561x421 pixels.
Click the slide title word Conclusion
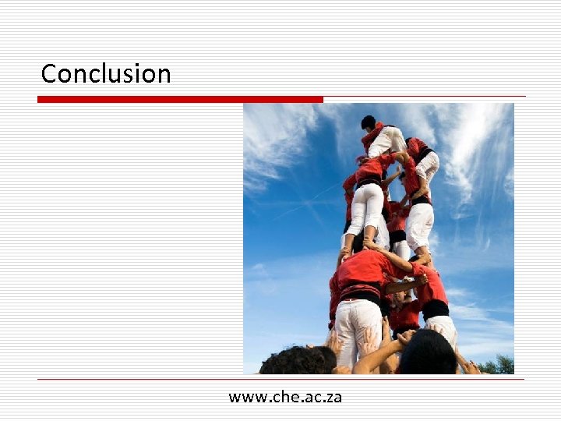(106, 73)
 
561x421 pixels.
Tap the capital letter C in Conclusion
(48, 73)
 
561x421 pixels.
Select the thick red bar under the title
(179, 99)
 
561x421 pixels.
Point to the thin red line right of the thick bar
(425, 97)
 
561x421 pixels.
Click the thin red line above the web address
(280, 380)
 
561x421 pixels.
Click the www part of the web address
(247, 398)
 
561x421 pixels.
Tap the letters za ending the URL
(333, 398)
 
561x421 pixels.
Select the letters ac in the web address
(312, 398)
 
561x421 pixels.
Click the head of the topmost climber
(368, 122)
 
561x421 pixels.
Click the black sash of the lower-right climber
(436, 309)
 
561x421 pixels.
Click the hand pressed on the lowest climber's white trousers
(337, 341)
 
